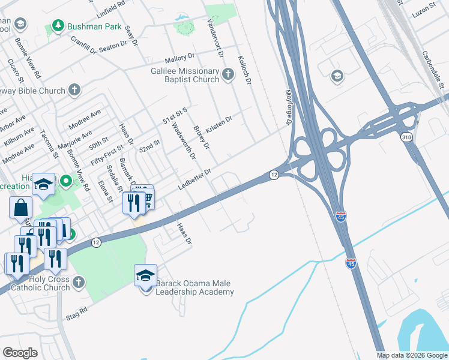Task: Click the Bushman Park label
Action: coord(95,26)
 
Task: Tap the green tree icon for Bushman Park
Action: coord(58,26)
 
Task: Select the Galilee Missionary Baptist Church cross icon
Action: coord(228,74)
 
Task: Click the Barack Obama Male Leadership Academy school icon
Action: coord(145,276)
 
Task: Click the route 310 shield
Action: coord(407,137)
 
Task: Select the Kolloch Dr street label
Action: coord(244,71)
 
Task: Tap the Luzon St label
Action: coord(427,11)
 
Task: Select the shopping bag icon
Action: coord(20,208)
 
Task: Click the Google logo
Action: coord(20,352)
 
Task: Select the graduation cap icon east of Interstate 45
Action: coord(337,76)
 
